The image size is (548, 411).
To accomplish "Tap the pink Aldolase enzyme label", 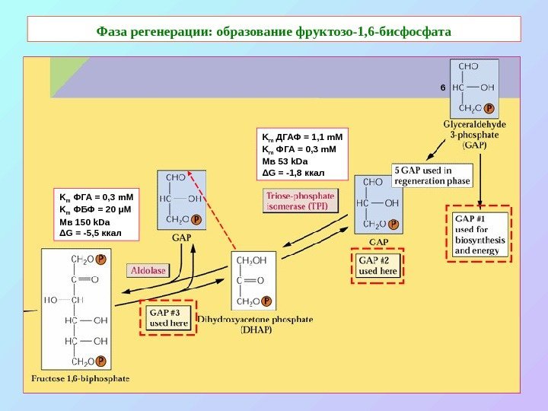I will [x=148, y=270].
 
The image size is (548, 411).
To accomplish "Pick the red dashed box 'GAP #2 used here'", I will [x=378, y=266].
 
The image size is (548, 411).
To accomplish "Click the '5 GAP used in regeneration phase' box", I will [x=432, y=175].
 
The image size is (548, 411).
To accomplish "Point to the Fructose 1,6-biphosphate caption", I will [x=80, y=378].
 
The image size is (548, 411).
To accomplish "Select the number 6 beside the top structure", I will [x=442, y=88].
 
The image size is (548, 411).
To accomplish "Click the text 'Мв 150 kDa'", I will [x=84, y=221].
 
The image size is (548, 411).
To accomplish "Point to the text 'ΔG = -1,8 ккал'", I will [x=293, y=172].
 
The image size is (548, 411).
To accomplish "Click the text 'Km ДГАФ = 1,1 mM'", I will [x=302, y=138].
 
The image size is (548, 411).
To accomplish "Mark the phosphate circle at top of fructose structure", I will [x=101, y=259].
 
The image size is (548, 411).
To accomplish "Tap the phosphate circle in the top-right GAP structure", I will [x=489, y=108].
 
